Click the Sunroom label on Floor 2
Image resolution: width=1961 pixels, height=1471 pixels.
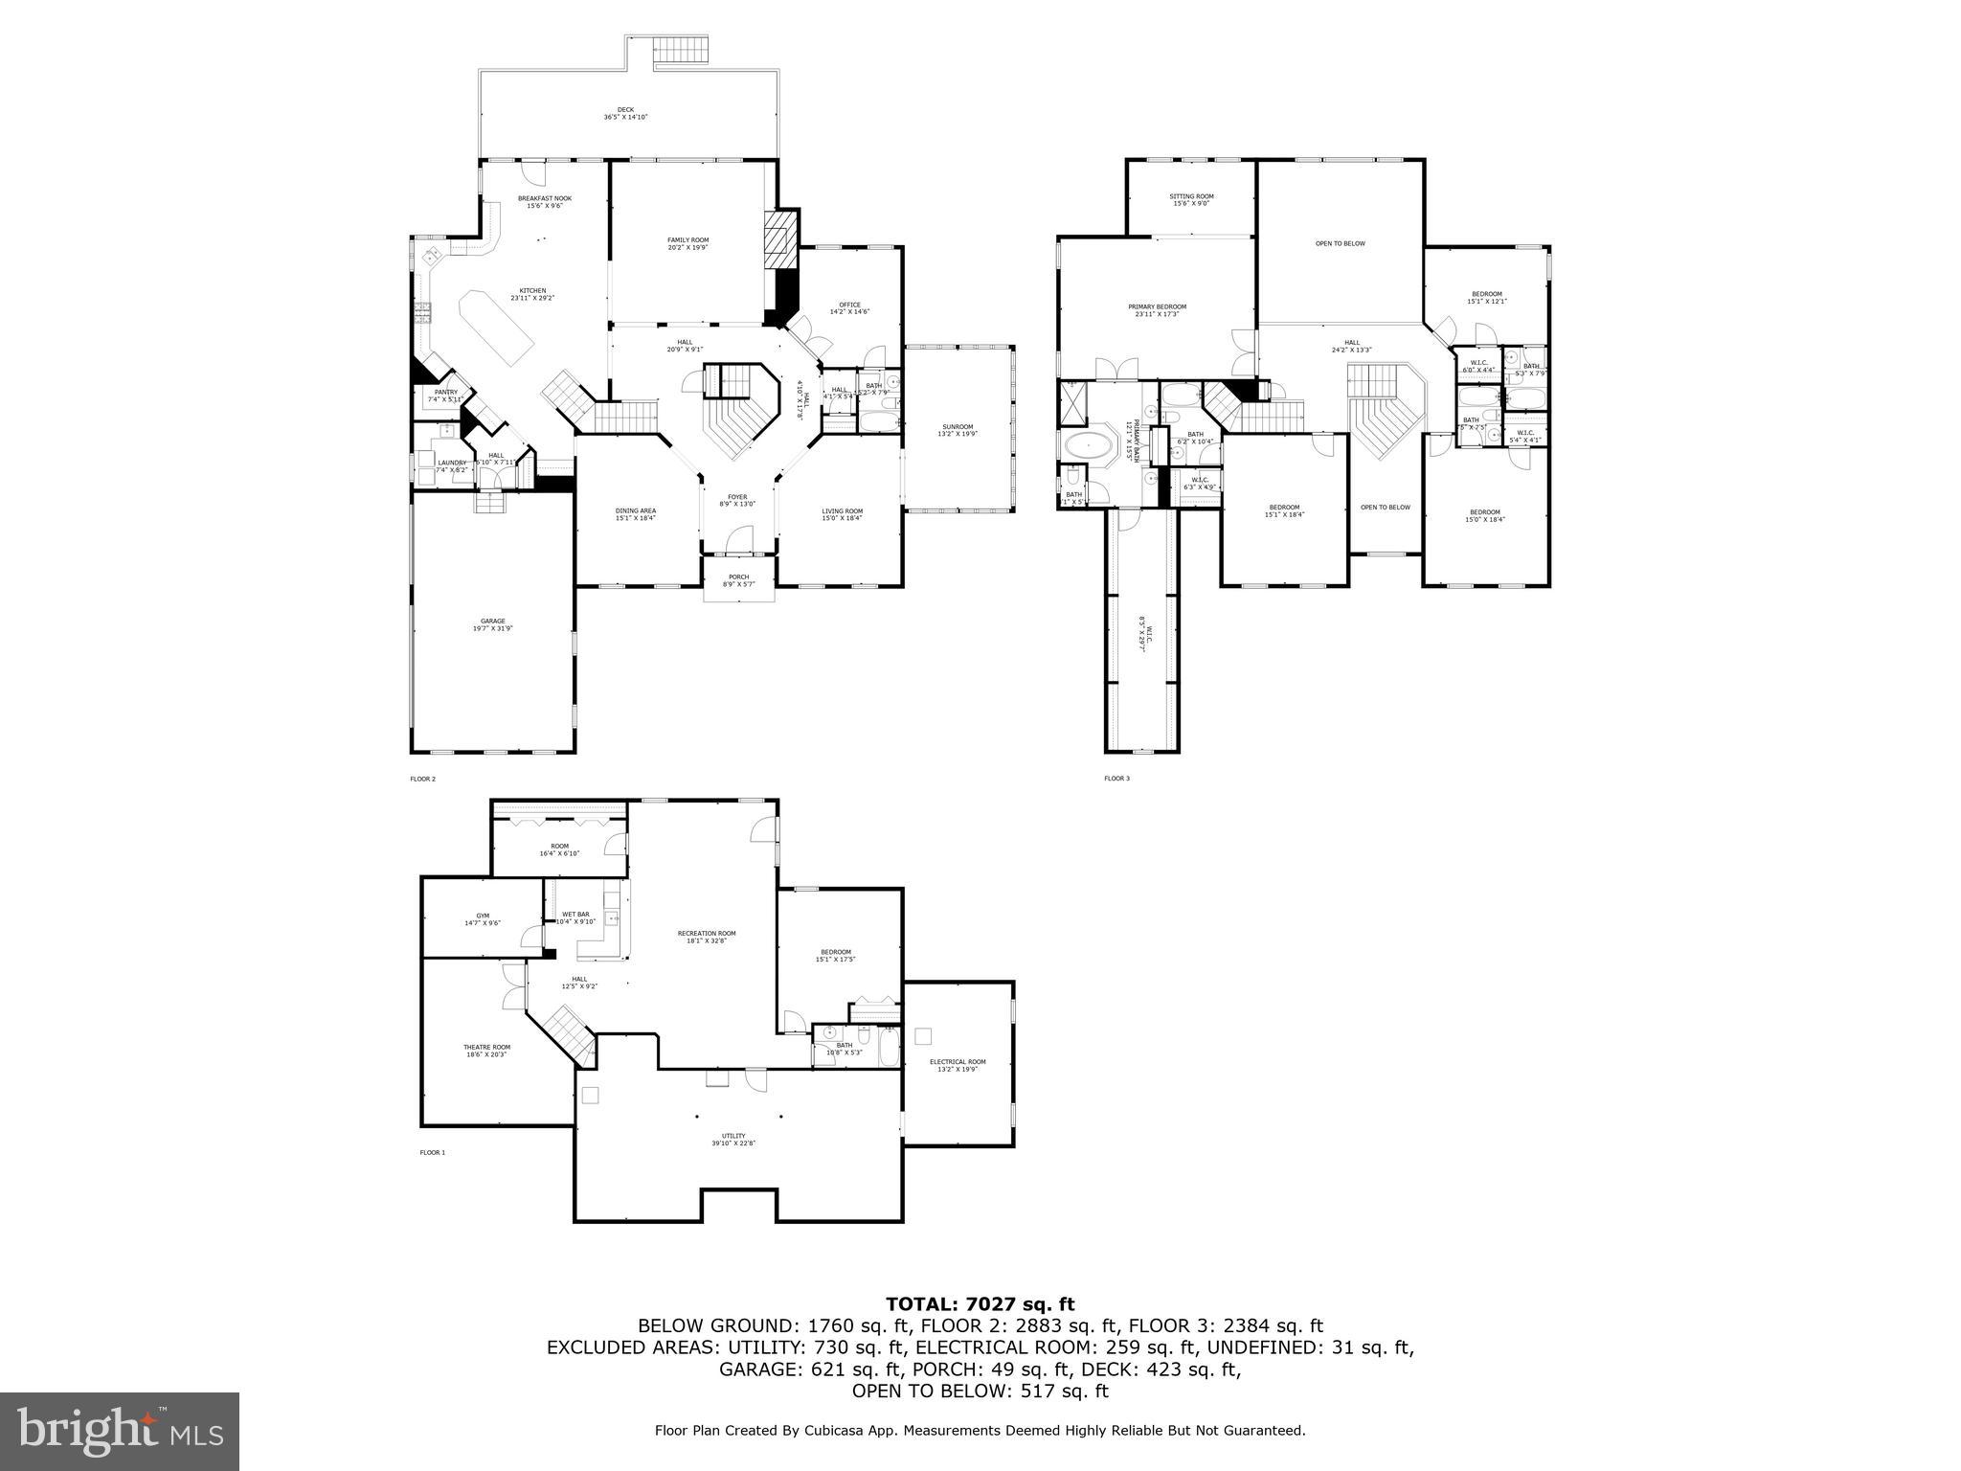point(957,430)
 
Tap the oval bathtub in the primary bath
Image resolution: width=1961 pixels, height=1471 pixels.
point(1091,446)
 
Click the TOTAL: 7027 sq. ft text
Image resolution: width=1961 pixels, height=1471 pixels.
point(980,1303)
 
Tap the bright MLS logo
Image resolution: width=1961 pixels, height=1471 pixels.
point(120,1431)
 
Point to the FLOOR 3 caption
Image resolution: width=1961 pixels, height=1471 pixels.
point(1116,779)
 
